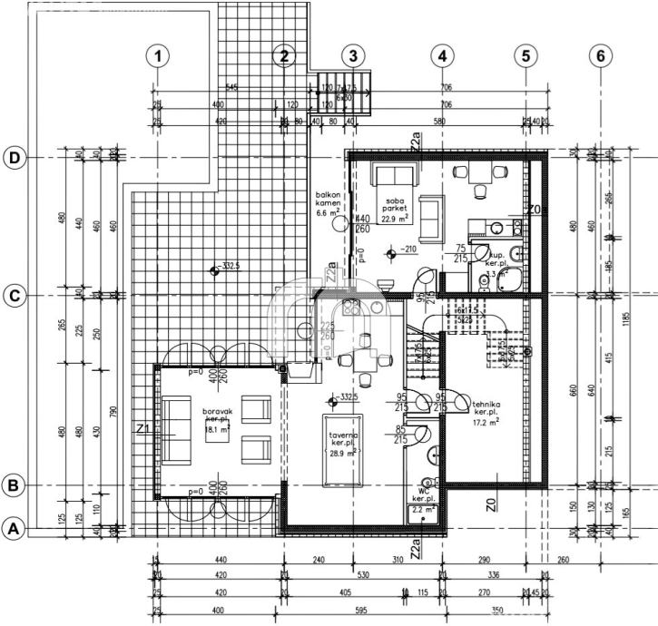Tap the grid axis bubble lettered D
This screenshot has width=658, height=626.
(15, 158)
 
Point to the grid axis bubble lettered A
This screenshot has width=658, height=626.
(15, 527)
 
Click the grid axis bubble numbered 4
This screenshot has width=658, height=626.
(441, 55)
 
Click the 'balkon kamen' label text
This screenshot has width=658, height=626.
(327, 201)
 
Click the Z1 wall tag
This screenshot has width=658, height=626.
(142, 426)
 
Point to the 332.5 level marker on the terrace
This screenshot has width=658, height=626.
(213, 269)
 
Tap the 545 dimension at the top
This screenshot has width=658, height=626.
(231, 88)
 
